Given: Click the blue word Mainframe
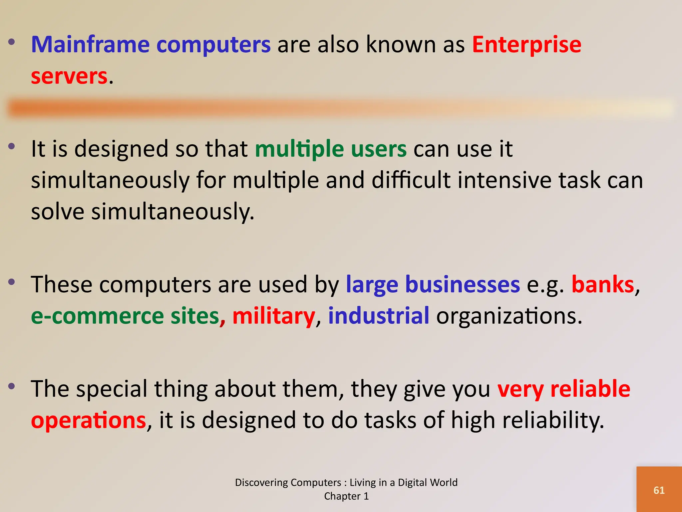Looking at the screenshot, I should (90, 45).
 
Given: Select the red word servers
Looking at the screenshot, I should (69, 76).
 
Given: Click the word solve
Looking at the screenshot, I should (58, 212).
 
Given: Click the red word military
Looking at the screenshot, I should (273, 316).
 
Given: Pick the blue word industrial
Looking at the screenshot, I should (379, 316).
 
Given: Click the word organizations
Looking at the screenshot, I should (509, 316).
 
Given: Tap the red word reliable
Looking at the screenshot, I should (590, 389).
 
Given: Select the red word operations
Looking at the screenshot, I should (89, 420).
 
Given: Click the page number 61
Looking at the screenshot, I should (659, 490).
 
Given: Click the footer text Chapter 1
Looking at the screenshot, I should (346, 496).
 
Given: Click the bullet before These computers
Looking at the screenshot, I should (12, 282).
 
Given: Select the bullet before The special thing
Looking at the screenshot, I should (12, 387).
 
